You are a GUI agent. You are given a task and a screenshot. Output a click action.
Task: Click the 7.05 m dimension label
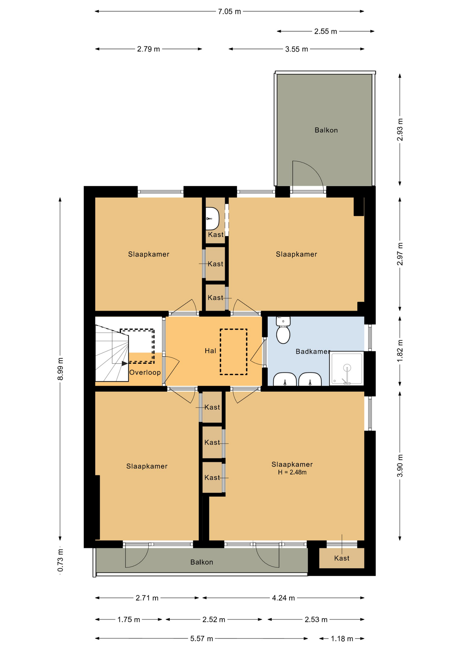(x=229, y=12)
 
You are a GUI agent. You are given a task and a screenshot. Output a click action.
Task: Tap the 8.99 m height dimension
(x=60, y=369)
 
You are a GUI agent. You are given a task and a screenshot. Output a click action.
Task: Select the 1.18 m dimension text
(x=342, y=638)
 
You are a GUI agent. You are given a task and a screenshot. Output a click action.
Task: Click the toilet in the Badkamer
(x=283, y=330)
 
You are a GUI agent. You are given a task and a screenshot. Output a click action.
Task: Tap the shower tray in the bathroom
(x=347, y=368)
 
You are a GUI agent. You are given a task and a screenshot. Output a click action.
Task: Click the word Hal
(x=210, y=351)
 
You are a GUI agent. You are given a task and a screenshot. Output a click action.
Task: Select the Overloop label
(x=145, y=372)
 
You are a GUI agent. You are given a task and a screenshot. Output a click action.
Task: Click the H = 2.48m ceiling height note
(x=292, y=472)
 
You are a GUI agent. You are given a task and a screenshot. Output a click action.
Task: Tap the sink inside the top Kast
(x=212, y=219)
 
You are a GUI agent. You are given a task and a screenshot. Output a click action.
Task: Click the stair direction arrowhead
(x=125, y=363)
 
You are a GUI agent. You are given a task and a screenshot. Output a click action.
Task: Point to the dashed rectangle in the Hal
(x=233, y=352)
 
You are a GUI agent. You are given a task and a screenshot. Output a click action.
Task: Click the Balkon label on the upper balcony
(x=326, y=130)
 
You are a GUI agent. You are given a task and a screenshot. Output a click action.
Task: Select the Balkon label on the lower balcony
(x=202, y=562)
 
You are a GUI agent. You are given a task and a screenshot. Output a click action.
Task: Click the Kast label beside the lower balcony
(x=342, y=558)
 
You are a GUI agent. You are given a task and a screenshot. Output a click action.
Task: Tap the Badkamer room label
(x=313, y=351)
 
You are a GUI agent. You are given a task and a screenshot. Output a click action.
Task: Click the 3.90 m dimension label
(x=400, y=465)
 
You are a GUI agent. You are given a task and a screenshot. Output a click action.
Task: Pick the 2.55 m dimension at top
(x=326, y=31)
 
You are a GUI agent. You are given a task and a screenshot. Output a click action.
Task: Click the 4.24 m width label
(x=284, y=598)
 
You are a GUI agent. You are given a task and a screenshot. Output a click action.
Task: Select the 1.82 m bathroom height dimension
(x=400, y=351)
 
